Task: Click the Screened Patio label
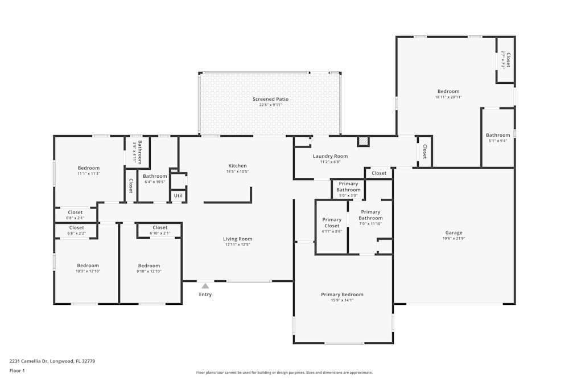(x=270, y=99)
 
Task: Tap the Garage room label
(x=453, y=232)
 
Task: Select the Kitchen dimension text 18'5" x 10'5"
(x=237, y=171)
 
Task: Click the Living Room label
(x=237, y=239)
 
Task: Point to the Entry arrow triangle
(x=205, y=286)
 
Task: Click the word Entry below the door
(x=205, y=295)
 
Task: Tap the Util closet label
(x=178, y=195)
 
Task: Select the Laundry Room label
(x=330, y=156)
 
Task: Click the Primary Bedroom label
(x=342, y=295)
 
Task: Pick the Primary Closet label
(x=332, y=223)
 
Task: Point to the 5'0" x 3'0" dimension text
(x=348, y=196)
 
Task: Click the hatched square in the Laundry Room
(x=363, y=141)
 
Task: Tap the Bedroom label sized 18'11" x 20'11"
(x=448, y=91)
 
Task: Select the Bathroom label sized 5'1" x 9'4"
(x=498, y=135)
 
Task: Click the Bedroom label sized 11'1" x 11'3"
(x=89, y=168)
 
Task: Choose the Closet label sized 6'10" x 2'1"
(x=160, y=228)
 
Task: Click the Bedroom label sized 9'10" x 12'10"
(x=149, y=265)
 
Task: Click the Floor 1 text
(x=18, y=370)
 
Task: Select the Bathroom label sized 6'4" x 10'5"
(x=155, y=176)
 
